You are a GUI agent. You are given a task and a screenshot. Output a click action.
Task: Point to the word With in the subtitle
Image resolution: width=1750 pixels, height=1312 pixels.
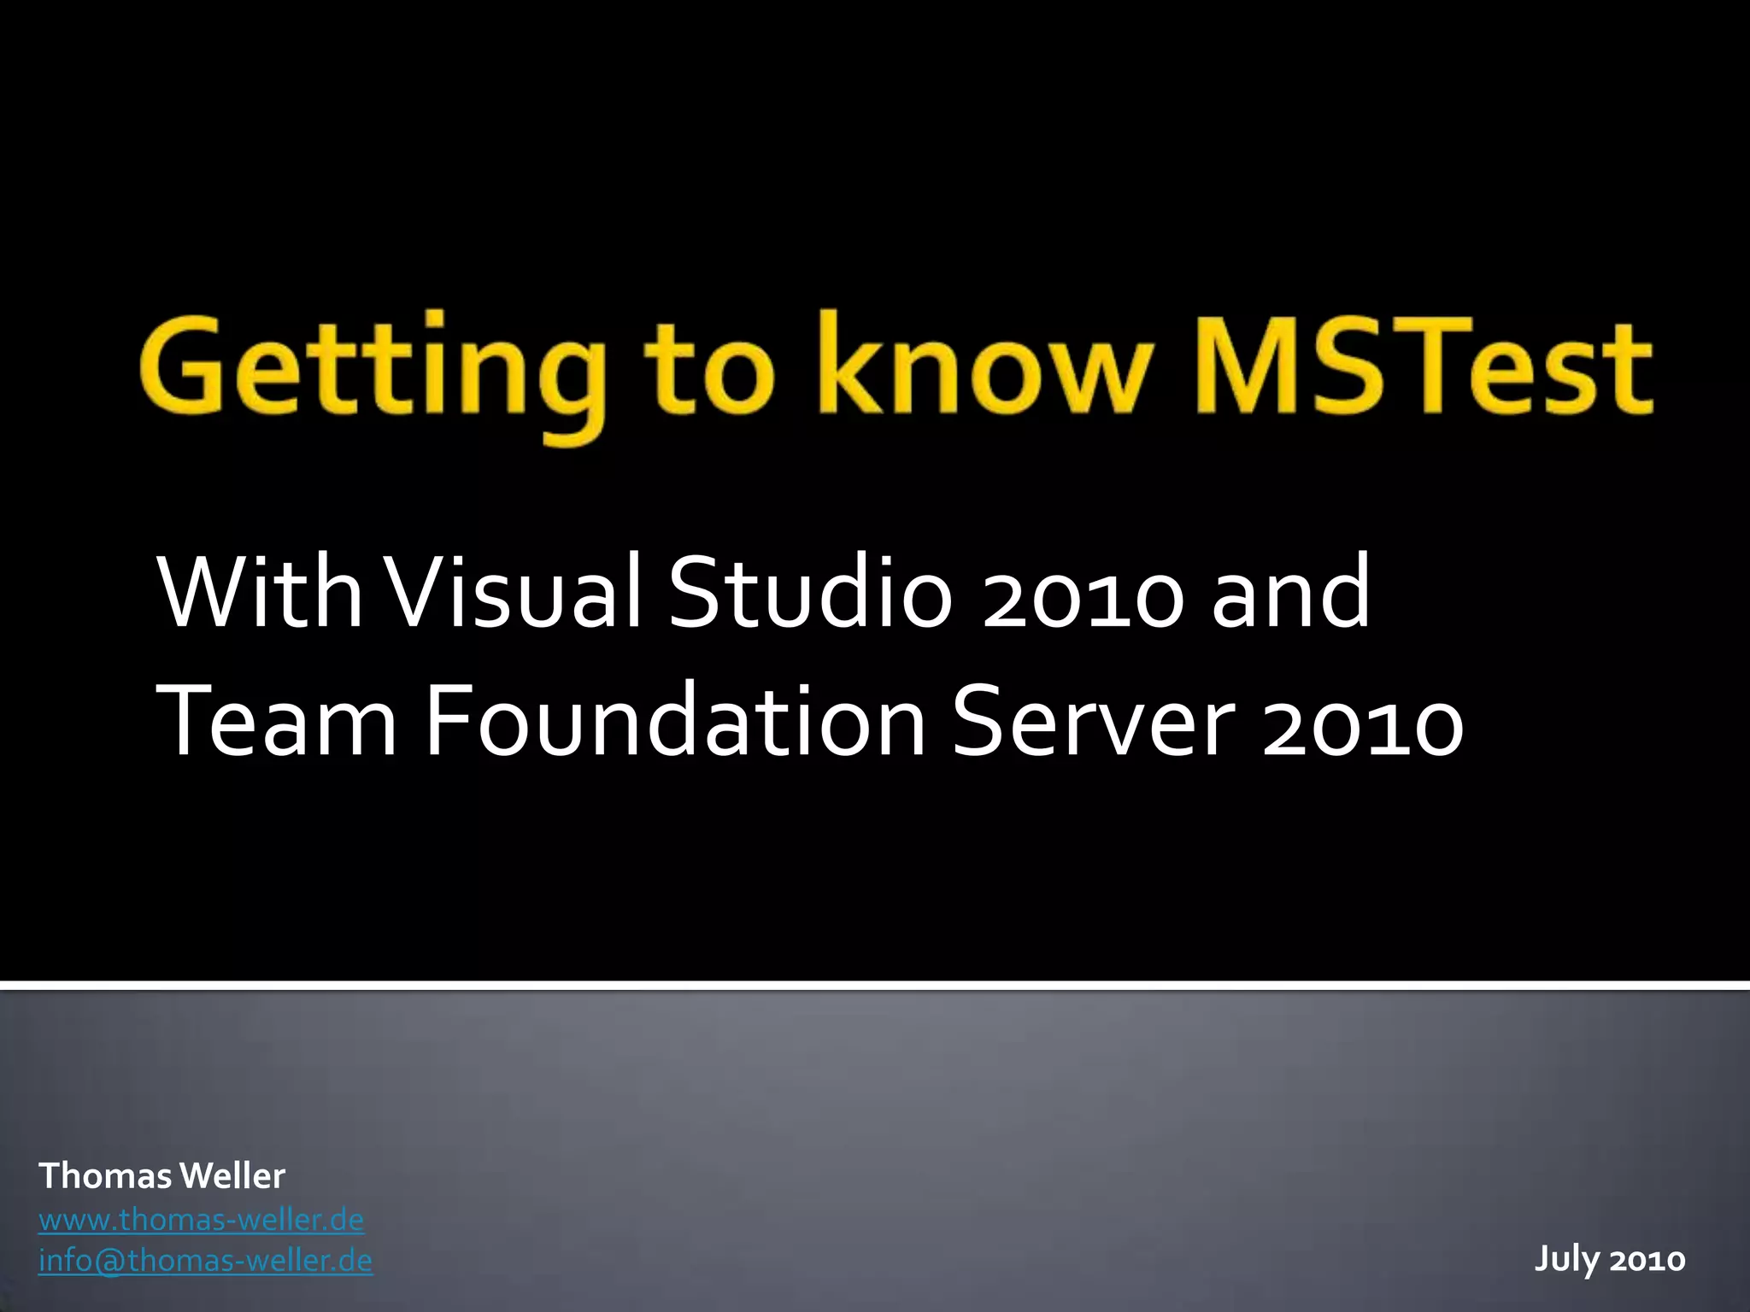tap(258, 591)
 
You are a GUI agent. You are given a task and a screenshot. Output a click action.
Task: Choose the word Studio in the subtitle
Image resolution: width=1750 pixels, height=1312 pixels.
tap(808, 591)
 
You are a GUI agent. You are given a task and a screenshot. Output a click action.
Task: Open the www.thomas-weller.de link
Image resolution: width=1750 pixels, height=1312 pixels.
tap(201, 1220)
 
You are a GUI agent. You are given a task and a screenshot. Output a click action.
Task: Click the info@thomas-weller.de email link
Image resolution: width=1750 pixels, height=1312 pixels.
tap(205, 1261)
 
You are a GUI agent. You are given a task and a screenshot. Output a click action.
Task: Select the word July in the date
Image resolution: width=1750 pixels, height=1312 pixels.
tap(1565, 1259)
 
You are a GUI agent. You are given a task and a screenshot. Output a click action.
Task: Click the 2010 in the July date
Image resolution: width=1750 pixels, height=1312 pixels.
tap(1647, 1259)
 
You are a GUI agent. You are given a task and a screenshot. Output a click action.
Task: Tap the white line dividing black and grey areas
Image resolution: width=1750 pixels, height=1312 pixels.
tap(875, 987)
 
